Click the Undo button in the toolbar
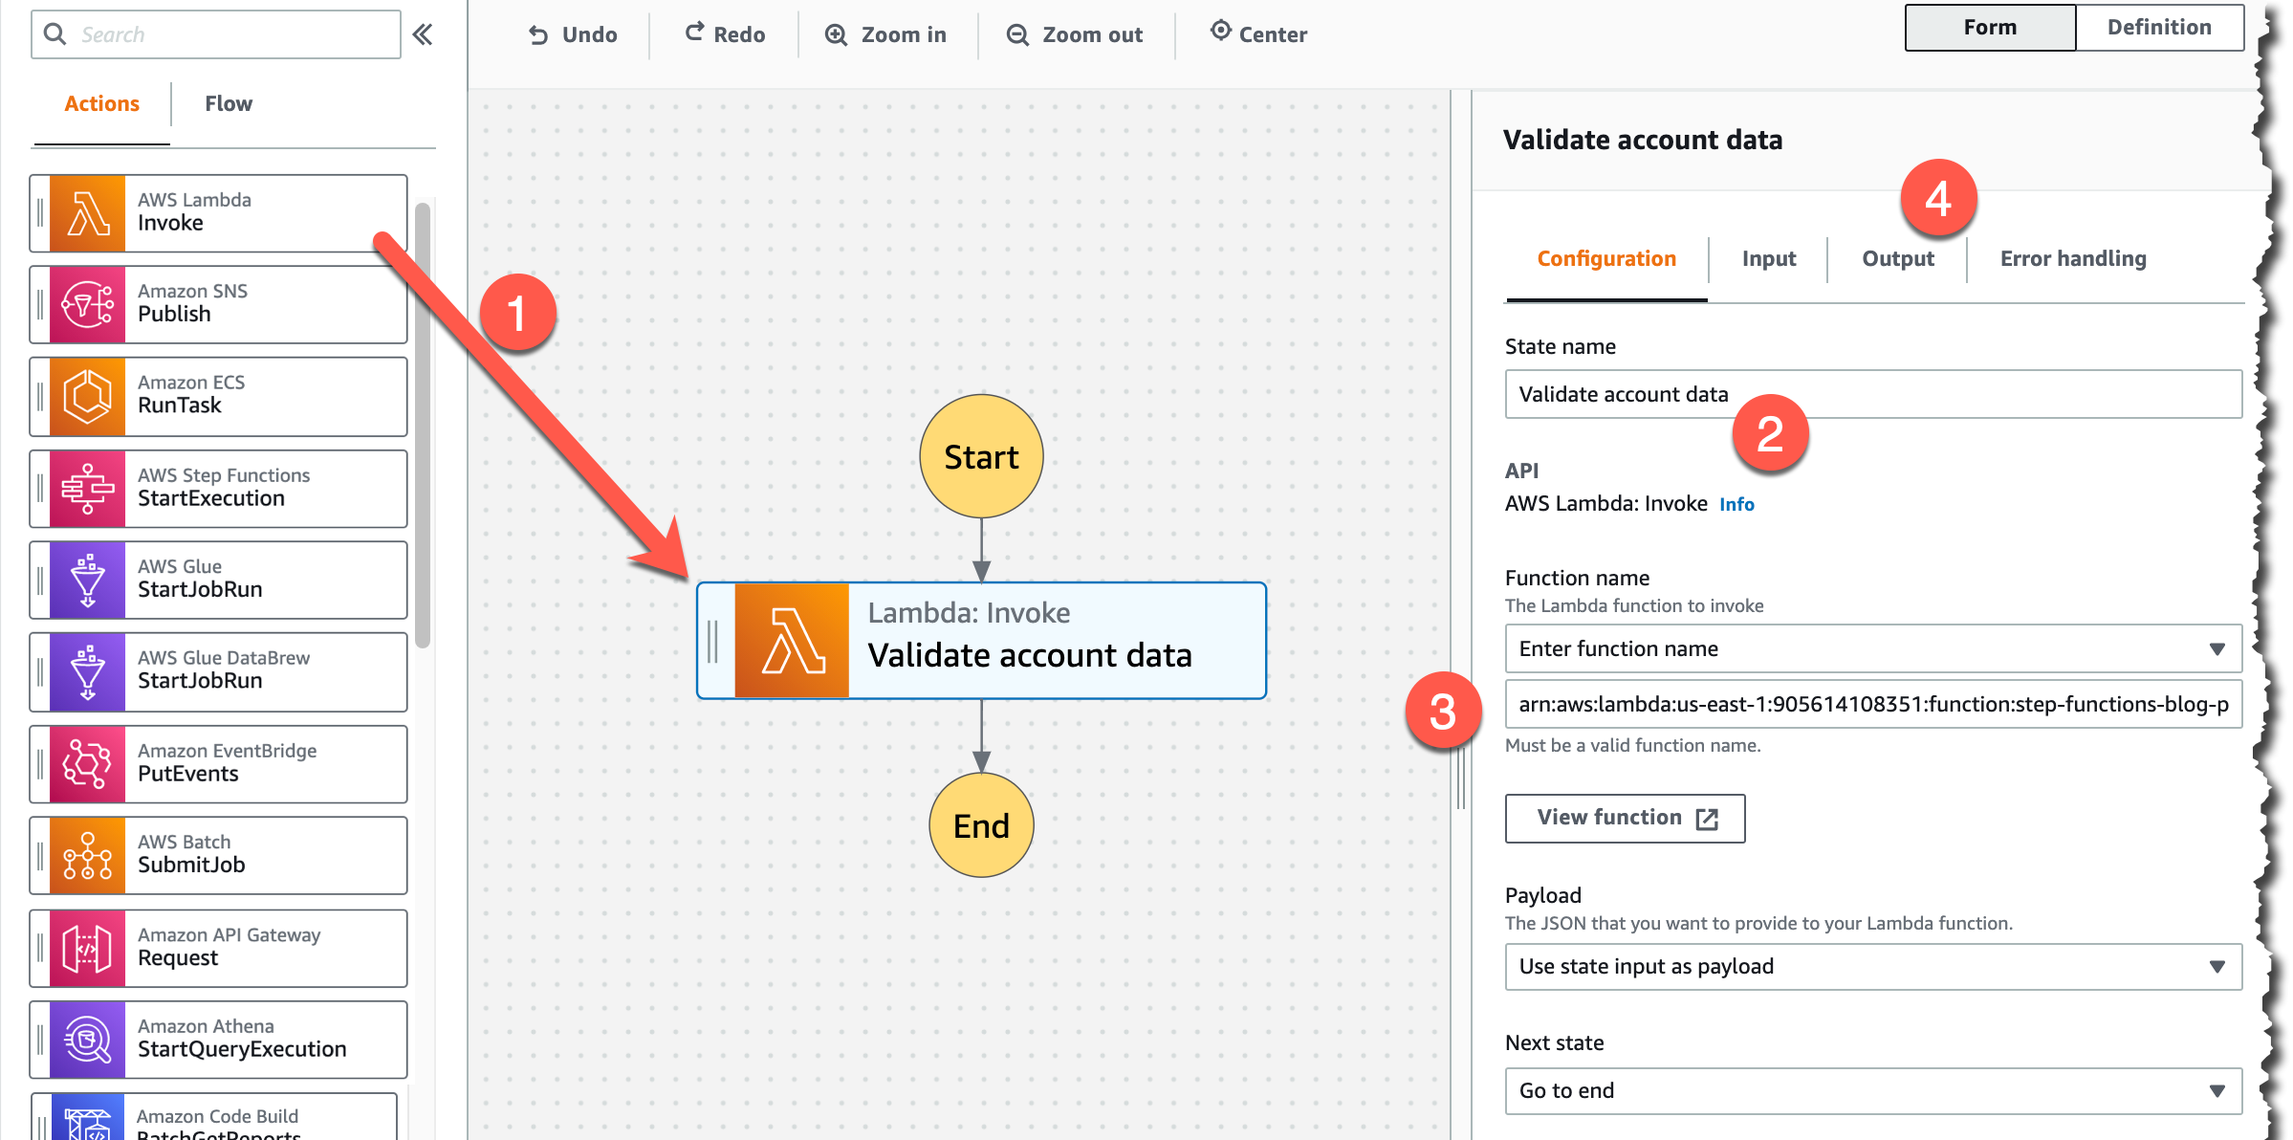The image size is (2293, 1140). coord(573,34)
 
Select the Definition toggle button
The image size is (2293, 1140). coord(2159,27)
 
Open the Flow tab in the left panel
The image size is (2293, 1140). coord(229,103)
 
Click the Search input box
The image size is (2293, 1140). coord(216,34)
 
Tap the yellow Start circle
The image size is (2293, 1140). coord(981,456)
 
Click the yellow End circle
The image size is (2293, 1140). coord(981,824)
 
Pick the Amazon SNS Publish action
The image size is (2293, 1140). coord(218,304)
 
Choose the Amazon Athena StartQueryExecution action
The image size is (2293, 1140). coord(218,1040)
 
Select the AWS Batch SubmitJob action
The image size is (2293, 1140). coord(218,855)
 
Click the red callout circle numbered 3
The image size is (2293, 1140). coord(1443,712)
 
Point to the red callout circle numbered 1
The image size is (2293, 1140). coord(517,313)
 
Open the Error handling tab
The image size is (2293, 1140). coord(2073,258)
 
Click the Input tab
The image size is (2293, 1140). coord(1768,258)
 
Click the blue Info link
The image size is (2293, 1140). coord(1736,504)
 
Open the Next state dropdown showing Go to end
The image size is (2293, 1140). coord(1873,1090)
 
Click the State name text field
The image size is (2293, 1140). coord(1873,394)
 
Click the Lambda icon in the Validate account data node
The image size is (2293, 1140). coord(792,641)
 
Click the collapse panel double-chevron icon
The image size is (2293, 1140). coord(422,35)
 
